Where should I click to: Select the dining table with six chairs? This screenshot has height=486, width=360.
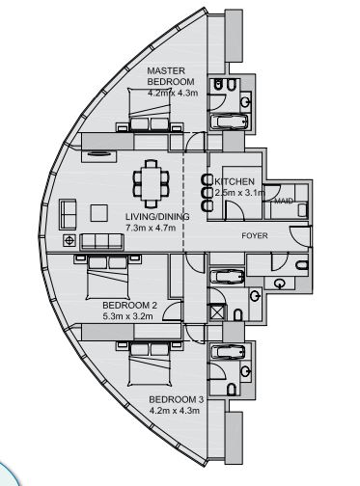tap(149, 179)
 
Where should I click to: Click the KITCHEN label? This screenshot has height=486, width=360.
tap(234, 181)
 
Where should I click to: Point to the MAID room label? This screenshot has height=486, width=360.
tap(284, 201)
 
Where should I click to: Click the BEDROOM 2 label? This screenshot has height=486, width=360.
tap(129, 305)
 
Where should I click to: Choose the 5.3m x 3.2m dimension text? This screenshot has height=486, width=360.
tap(129, 315)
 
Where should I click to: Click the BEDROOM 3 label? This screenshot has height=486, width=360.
tap(175, 397)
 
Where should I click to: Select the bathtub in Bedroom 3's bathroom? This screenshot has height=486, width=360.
tap(229, 353)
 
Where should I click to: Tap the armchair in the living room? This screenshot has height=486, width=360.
tap(68, 210)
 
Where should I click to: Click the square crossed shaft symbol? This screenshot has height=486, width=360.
tap(216, 312)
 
